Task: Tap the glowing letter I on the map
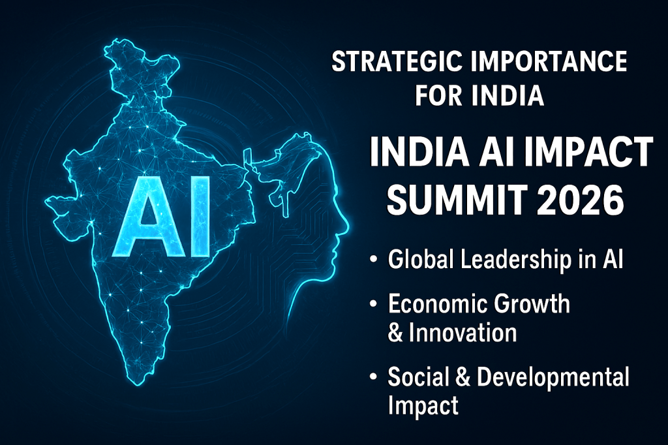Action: click(x=200, y=217)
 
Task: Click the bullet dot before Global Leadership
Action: click(x=374, y=259)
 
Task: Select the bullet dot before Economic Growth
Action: click(x=374, y=304)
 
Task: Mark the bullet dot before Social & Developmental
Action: click(x=374, y=376)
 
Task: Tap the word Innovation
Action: click(x=463, y=333)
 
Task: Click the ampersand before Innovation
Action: click(x=395, y=333)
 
